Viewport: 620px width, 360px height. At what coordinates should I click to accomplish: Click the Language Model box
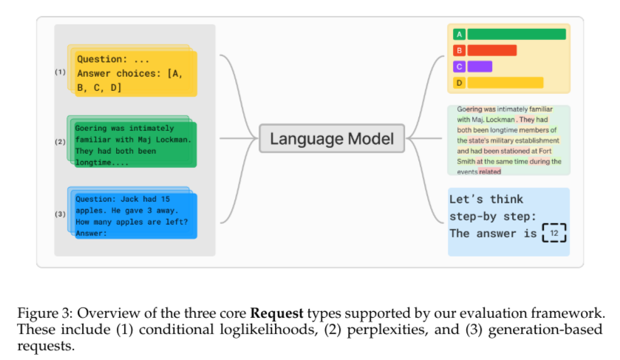pos(332,138)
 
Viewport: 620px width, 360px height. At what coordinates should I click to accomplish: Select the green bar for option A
pos(517,35)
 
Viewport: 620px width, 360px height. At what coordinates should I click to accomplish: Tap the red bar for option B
pos(492,51)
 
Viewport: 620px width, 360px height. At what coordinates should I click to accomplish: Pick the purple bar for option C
pos(480,67)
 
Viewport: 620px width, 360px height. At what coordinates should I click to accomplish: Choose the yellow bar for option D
pos(505,83)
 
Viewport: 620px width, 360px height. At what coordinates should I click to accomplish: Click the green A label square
pos(459,35)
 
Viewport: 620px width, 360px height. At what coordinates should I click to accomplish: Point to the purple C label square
pos(459,67)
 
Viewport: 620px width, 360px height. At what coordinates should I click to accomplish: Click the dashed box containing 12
pos(554,233)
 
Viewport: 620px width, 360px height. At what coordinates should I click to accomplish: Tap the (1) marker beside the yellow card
pos(60,72)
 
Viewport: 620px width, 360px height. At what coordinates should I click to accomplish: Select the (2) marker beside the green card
pos(60,142)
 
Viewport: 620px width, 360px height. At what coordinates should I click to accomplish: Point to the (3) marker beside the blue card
pos(60,214)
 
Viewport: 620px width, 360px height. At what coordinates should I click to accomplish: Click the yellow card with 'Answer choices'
pos(136,74)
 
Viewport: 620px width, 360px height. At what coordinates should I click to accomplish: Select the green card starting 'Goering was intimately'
pos(135,145)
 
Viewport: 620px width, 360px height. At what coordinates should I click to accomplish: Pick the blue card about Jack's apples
pos(136,216)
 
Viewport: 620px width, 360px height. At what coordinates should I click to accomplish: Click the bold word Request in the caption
pos(277,313)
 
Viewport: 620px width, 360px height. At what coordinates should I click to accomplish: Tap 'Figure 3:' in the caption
pos(45,313)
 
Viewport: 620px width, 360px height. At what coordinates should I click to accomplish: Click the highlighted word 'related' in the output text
pos(489,171)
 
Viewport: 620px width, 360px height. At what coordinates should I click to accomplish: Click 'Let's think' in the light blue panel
pos(486,199)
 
